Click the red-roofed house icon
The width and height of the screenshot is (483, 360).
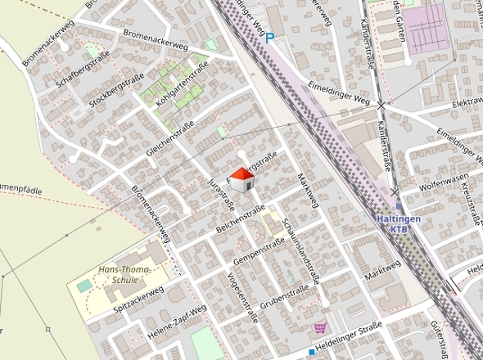pos(242,180)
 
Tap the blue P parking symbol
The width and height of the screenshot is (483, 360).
pos(269,37)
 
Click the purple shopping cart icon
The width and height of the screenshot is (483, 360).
pos(319,328)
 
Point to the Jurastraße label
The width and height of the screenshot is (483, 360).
pos(222,193)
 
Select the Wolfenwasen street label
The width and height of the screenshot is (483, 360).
pos(442,182)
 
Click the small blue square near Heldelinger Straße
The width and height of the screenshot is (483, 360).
pos(312,353)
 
